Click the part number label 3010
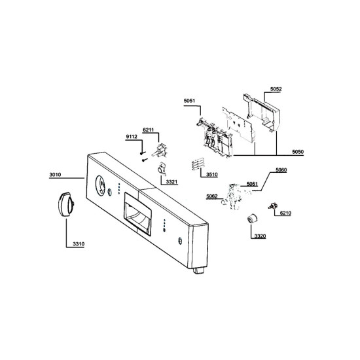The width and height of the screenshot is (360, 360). (x=56, y=175)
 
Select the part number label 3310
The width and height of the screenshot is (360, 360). (x=79, y=244)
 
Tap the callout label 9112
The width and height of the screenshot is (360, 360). (x=132, y=137)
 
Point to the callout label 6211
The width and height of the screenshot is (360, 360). (x=148, y=130)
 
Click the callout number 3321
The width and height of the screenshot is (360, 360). (x=171, y=182)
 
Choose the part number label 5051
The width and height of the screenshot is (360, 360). (x=189, y=101)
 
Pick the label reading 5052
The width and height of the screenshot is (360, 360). (x=276, y=89)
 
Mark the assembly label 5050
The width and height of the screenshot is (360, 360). (x=298, y=152)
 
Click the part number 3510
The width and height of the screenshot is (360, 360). (x=211, y=175)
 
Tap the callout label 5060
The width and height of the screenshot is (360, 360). (x=281, y=170)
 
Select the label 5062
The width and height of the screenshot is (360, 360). (x=212, y=196)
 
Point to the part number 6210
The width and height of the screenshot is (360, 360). (x=285, y=213)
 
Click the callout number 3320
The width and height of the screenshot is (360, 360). (x=260, y=236)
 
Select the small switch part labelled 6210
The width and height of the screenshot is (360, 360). (x=272, y=206)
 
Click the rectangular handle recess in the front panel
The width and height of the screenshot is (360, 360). (x=137, y=214)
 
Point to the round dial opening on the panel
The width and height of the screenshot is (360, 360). (x=100, y=186)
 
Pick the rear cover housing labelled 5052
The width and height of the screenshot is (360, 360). (x=263, y=113)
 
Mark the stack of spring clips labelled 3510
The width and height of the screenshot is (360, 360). (x=198, y=164)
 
